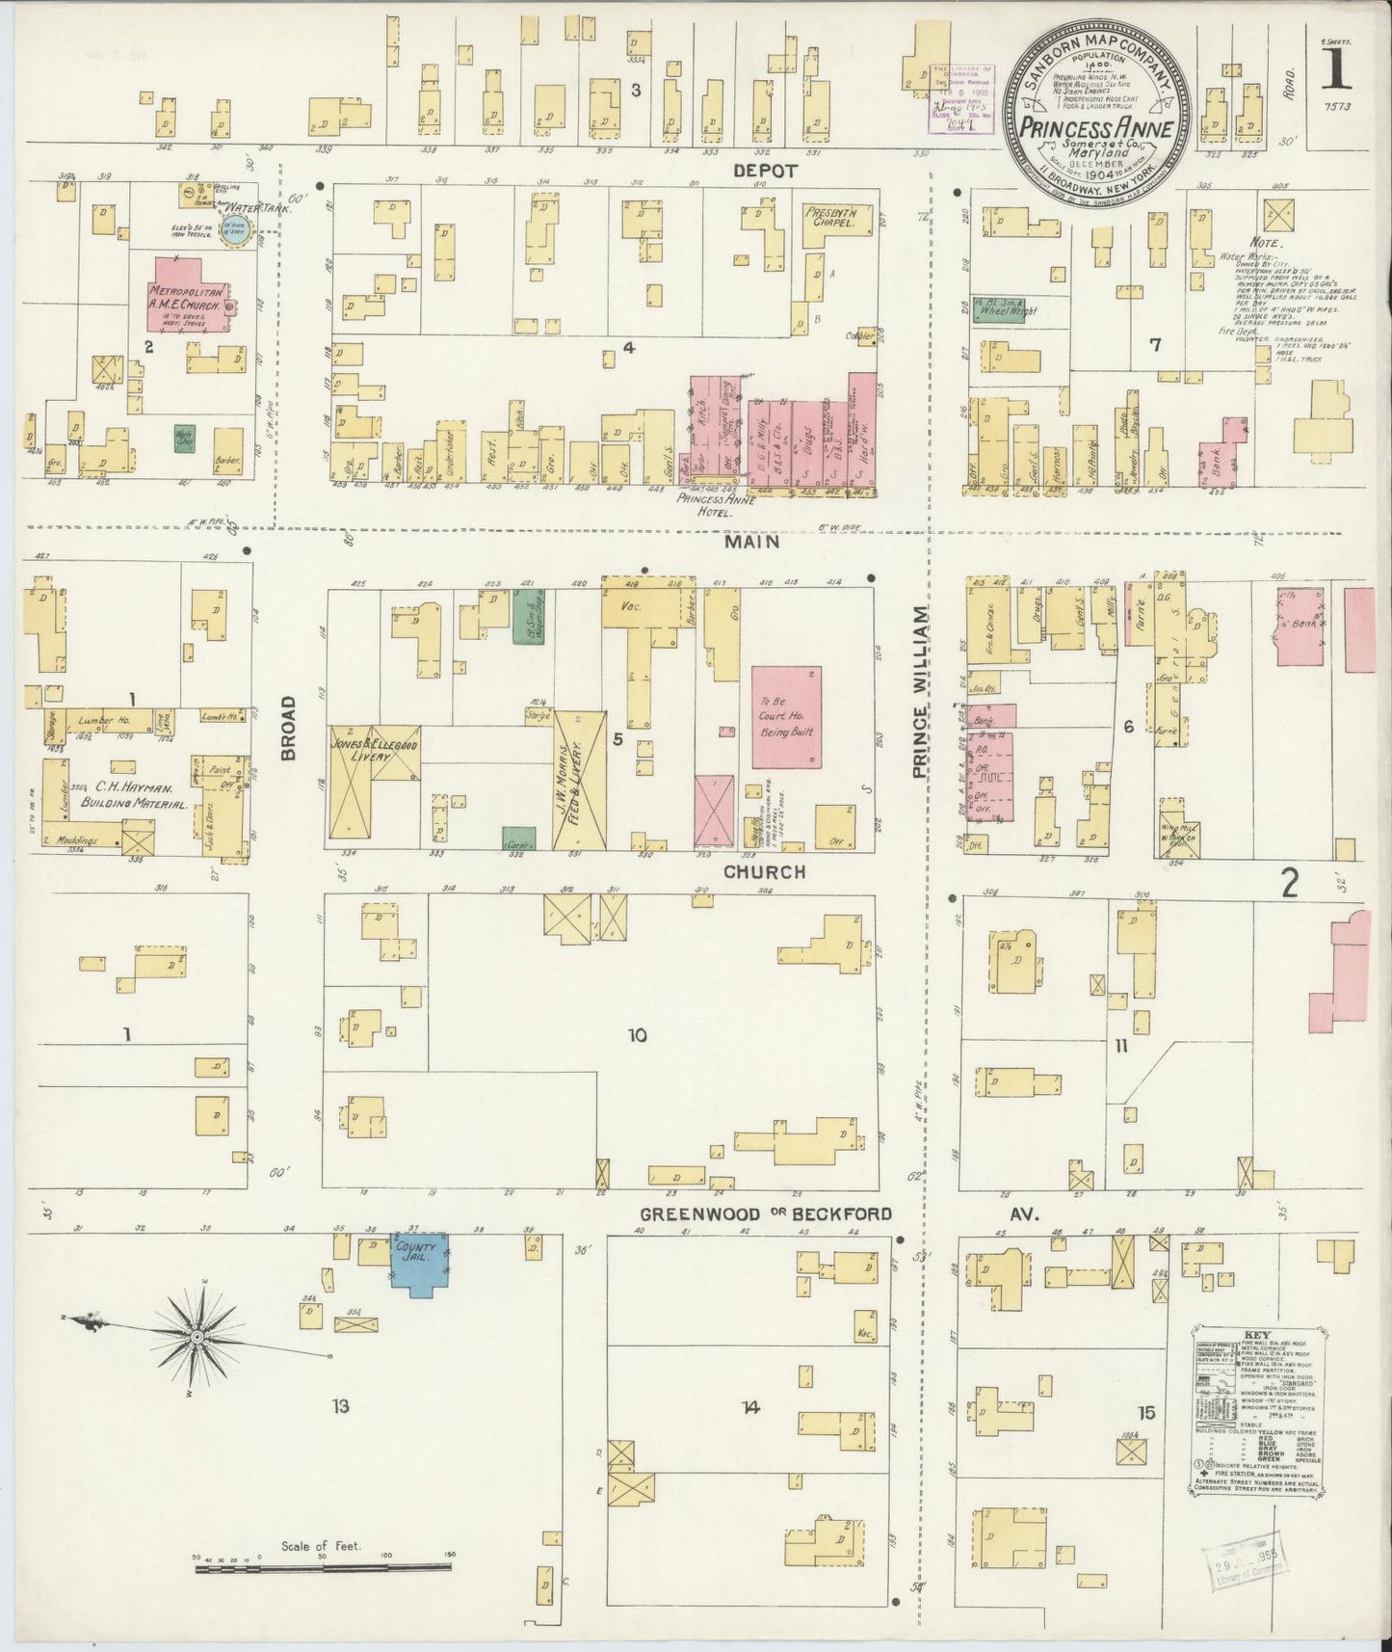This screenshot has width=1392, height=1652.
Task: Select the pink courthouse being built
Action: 786,715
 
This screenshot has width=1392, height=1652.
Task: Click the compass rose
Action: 197,1335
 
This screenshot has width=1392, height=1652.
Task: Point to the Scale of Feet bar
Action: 323,1570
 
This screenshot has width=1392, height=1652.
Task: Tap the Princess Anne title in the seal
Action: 1095,127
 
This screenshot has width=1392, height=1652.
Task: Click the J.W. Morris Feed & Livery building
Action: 580,780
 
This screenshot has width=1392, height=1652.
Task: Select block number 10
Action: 637,1036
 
